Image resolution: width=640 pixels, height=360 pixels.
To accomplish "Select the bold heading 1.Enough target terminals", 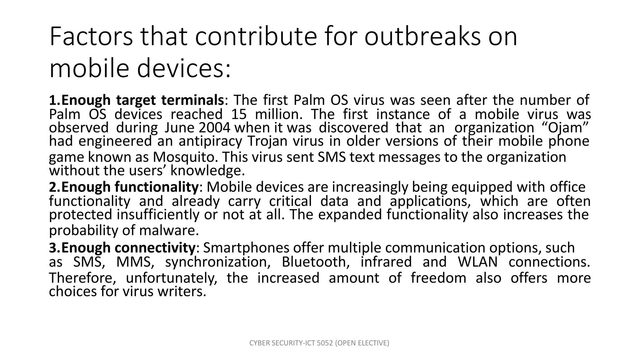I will click(136, 100).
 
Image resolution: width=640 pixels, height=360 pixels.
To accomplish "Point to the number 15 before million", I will click(239, 114).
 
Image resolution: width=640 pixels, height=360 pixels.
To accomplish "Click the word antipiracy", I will click(210, 141).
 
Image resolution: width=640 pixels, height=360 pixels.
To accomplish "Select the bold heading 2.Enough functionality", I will click(123, 187).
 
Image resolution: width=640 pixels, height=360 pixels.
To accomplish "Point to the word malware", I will click(169, 231).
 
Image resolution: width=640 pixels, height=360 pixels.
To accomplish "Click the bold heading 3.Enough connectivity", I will click(122, 248).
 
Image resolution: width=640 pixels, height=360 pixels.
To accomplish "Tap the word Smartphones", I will click(246, 248).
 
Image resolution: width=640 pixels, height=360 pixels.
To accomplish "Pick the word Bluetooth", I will click(316, 262).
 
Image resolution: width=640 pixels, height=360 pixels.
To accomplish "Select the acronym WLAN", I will click(477, 262).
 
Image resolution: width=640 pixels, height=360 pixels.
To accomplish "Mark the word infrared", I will click(386, 262).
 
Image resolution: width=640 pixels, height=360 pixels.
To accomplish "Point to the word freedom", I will click(438, 278).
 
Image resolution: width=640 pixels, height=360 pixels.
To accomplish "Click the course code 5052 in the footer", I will click(325, 343).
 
